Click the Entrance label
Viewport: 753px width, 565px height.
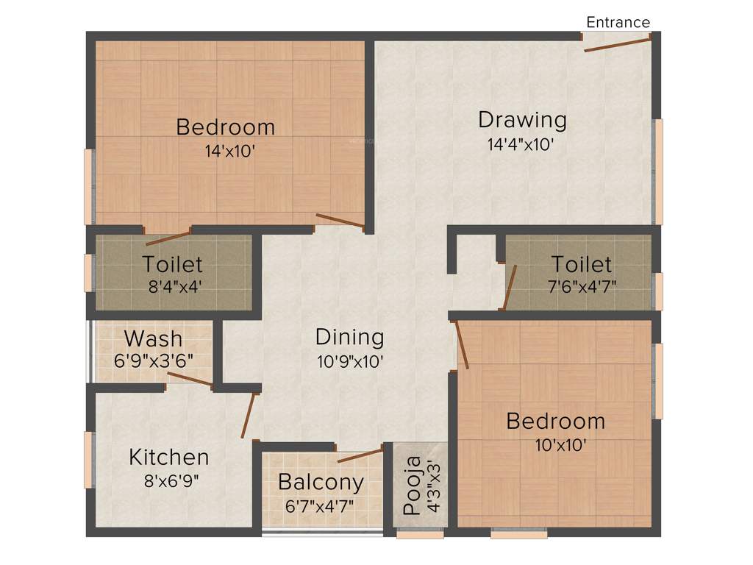point(618,22)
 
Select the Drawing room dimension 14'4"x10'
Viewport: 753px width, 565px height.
point(521,144)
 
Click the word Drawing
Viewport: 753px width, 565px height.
point(522,119)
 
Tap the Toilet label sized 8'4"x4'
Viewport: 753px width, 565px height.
point(172,263)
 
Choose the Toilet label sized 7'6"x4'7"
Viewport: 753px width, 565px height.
point(581,263)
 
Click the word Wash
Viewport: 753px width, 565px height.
point(153,338)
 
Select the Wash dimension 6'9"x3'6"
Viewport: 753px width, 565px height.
point(153,362)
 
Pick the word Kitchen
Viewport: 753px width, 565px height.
point(169,457)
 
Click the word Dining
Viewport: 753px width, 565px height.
point(349,337)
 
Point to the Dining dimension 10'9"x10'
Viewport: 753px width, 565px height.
point(349,361)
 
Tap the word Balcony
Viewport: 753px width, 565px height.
point(321,483)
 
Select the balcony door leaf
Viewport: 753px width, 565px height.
point(360,454)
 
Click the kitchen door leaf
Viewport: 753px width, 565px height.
point(249,416)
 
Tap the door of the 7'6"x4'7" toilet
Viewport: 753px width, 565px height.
point(510,288)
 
